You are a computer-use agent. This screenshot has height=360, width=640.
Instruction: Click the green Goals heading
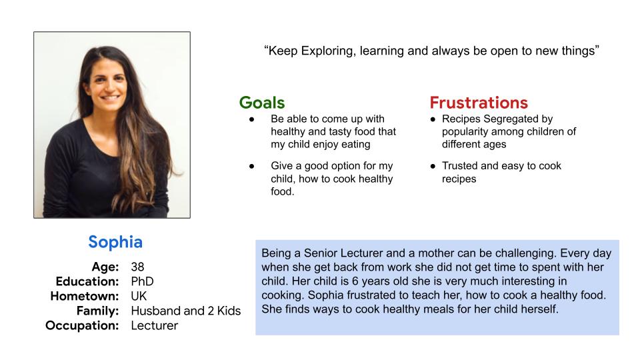tap(262, 103)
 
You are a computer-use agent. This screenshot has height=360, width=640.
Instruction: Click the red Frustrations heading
tap(479, 103)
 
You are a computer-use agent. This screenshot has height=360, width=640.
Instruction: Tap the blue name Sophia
tap(115, 242)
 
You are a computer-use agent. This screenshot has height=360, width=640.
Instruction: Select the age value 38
tap(137, 267)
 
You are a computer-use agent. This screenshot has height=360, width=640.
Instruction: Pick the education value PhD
tap(142, 281)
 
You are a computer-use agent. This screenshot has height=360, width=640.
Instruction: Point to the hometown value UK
tap(139, 296)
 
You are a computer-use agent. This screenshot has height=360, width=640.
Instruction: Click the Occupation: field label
tap(82, 326)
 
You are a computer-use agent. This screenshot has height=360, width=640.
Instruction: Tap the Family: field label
tap(97, 311)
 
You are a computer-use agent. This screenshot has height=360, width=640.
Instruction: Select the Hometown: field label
tap(85, 296)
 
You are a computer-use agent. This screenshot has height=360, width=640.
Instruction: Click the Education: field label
tap(87, 281)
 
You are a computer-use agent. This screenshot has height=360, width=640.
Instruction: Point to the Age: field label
tap(105, 267)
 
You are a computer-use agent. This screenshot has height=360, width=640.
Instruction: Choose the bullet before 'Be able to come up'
tap(252, 119)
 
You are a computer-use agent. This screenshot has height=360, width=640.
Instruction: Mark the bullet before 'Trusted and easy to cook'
tap(433, 166)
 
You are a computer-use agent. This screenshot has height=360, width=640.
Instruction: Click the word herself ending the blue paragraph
tap(539, 309)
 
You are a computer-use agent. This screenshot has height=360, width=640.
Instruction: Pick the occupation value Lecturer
tap(154, 326)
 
